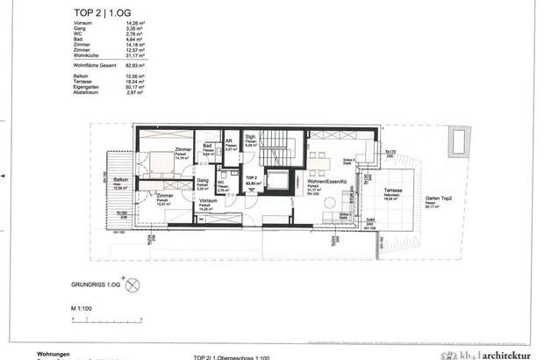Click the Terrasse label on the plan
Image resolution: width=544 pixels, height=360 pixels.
(x=392, y=191)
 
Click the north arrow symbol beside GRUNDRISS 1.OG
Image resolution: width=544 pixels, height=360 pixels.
(x=132, y=284)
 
